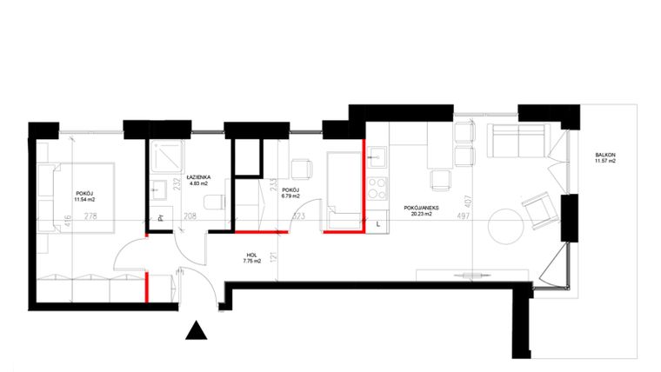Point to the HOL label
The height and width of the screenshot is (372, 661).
250,254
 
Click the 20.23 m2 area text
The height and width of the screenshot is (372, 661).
421,216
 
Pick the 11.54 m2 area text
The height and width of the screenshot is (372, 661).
84,199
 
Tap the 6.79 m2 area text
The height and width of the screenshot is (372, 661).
290,196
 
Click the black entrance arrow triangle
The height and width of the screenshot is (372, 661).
197,331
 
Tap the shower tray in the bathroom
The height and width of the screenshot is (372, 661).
164,156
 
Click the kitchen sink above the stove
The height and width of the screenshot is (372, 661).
377,157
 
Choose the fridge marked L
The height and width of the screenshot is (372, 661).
377,222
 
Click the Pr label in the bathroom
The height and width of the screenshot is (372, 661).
160,219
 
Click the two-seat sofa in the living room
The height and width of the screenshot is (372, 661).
518,140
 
